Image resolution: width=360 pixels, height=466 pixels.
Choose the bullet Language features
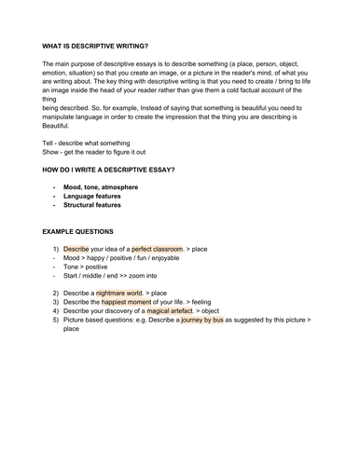pyautogui.click(x=95, y=197)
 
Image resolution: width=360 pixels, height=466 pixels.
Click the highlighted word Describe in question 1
pyautogui.click(x=76, y=250)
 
